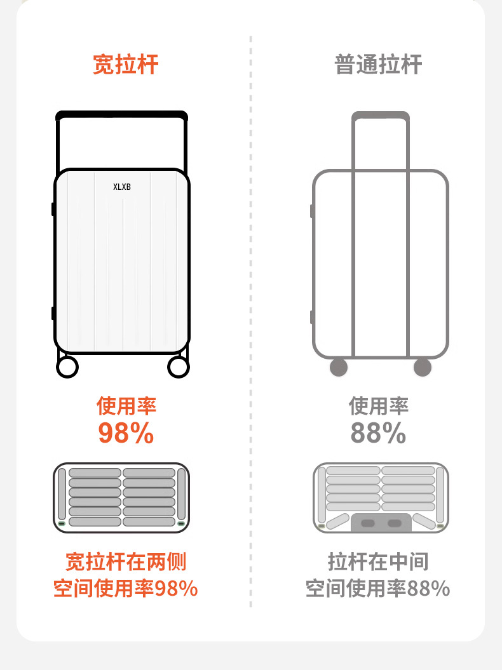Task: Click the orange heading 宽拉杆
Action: click(x=125, y=65)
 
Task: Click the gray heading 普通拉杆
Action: click(x=378, y=65)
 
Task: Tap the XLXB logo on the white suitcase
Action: click(x=121, y=187)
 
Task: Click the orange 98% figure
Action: click(x=126, y=433)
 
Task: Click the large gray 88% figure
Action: click(x=378, y=433)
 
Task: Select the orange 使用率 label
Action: click(x=126, y=406)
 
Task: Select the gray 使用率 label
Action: click(x=378, y=406)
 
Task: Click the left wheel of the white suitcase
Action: click(x=67, y=366)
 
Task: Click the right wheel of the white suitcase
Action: click(x=179, y=366)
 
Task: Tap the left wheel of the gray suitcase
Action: click(x=339, y=367)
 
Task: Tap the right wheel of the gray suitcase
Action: click(x=423, y=367)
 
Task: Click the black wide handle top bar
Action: click(x=121, y=116)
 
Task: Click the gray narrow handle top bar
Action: click(x=381, y=116)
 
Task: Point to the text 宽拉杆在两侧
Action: click(x=126, y=561)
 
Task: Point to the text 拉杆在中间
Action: click(x=378, y=561)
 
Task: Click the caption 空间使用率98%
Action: click(x=126, y=589)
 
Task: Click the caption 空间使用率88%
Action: click(x=378, y=589)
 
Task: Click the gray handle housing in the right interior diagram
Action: click(x=381, y=523)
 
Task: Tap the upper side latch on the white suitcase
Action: click(x=53, y=209)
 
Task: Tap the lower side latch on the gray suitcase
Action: click(x=311, y=317)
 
